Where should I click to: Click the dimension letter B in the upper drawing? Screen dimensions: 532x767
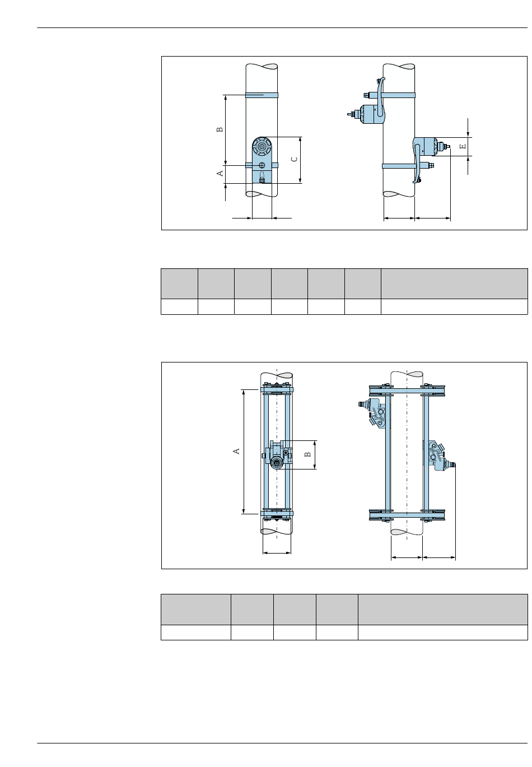220,129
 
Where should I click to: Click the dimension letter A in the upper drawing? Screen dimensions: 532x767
220,173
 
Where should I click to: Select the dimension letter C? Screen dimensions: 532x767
294,159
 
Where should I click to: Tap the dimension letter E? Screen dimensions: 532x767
463,147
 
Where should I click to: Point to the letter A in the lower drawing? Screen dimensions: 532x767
236,452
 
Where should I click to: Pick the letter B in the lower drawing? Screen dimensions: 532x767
308,454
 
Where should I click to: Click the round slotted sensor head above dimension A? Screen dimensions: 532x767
262,147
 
